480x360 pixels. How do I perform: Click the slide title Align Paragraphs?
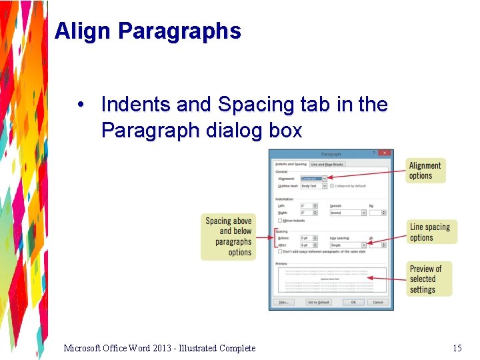pos(147,31)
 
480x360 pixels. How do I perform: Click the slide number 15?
pos(457,348)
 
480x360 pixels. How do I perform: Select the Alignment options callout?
pos(425,171)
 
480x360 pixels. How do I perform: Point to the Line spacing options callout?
pos(429,232)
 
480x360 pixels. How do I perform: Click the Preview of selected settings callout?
pos(427,279)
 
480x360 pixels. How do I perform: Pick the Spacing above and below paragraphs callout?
pos(228,237)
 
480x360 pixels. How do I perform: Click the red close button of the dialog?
pos(385,153)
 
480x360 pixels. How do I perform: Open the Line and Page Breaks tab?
pos(327,164)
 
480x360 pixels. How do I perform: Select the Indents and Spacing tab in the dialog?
pos(291,164)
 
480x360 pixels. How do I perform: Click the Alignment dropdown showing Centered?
pos(313,179)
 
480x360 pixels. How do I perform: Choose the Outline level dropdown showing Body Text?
pos(313,186)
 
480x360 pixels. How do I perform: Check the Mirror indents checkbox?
pos(279,220)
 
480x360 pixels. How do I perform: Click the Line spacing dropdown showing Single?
pos(348,245)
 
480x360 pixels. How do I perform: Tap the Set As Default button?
pos(319,302)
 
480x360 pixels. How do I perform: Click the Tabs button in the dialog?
pos(283,302)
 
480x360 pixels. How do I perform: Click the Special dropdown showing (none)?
pos(348,213)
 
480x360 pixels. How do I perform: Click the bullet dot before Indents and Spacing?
pos(80,105)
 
